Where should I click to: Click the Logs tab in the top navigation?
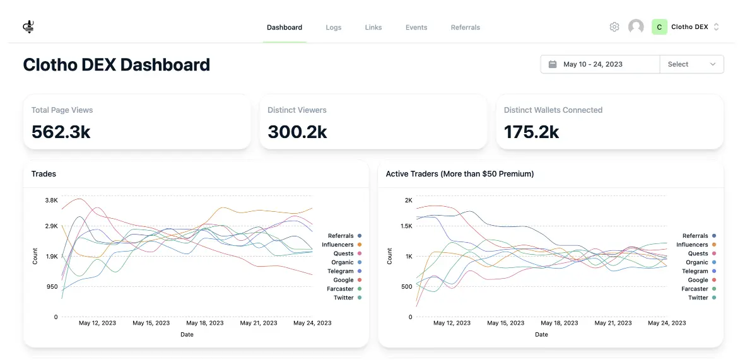click(x=333, y=28)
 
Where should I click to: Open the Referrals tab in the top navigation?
click(x=465, y=28)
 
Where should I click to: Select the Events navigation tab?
click(x=416, y=28)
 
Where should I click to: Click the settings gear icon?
click(x=614, y=27)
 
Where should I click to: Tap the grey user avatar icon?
click(x=636, y=27)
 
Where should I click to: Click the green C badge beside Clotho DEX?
click(x=659, y=27)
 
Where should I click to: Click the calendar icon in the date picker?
click(x=553, y=64)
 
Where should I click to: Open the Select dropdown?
click(x=691, y=64)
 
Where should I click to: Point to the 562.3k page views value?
click(x=61, y=131)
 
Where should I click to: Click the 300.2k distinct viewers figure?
click(x=297, y=131)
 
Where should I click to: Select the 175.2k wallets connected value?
click(x=531, y=131)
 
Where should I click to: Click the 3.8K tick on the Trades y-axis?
click(x=51, y=200)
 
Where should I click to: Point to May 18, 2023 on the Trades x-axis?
click(x=205, y=323)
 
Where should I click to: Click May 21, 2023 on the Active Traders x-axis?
click(x=613, y=323)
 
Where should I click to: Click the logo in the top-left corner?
click(x=28, y=27)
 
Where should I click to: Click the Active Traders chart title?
click(x=459, y=174)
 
